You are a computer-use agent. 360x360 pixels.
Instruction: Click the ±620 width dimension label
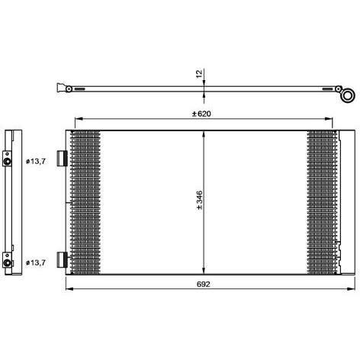(x=201, y=114)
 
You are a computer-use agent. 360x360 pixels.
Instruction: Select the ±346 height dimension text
(x=198, y=201)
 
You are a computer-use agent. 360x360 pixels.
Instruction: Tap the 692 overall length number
(x=201, y=284)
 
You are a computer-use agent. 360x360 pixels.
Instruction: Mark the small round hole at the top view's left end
(x=69, y=89)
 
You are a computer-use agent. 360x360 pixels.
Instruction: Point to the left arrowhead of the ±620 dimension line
(x=74, y=121)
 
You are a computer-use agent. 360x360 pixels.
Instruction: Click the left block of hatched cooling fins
(x=85, y=201)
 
